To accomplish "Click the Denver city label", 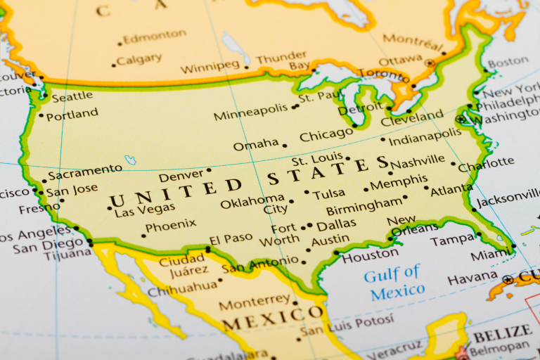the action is (x=181, y=176).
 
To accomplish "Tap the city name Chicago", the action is (x=326, y=135).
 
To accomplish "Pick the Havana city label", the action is (x=472, y=279).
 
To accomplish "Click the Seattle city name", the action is (x=72, y=96).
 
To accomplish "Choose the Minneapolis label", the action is (x=251, y=114).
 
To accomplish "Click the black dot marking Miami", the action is (x=514, y=246).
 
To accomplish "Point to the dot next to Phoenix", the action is (x=143, y=235).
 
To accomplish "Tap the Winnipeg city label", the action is (x=210, y=69).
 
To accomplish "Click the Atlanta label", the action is (x=451, y=190).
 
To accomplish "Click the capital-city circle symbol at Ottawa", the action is (x=430, y=63).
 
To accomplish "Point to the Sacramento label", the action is (x=85, y=170).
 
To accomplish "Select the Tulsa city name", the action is (x=329, y=193).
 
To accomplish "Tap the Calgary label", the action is (x=139, y=60).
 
